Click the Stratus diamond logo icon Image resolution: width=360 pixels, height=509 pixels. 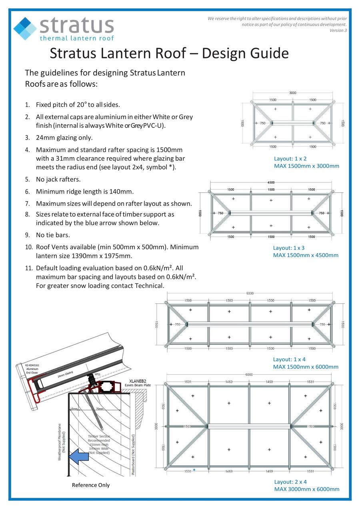pyautogui.click(x=25, y=28)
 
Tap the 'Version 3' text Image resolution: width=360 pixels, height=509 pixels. pyautogui.click(x=338, y=30)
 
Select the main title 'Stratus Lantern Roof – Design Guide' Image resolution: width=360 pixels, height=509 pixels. pyautogui.click(x=169, y=53)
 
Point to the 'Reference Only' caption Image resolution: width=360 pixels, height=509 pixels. pyautogui.click(x=90, y=485)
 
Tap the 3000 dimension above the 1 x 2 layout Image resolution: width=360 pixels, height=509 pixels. pyautogui.click(x=293, y=93)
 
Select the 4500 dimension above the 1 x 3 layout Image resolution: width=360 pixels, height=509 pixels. pyautogui.click(x=271, y=182)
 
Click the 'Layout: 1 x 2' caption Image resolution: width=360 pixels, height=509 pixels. pyautogui.click(x=290, y=159)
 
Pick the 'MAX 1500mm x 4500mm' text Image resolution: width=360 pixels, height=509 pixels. pyautogui.click(x=306, y=255)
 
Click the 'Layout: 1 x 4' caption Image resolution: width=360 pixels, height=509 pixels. pyautogui.click(x=289, y=359)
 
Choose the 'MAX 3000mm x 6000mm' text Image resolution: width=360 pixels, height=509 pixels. pyautogui.click(x=306, y=489)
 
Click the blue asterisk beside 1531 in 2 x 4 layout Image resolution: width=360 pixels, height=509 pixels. pyautogui.click(x=194, y=470)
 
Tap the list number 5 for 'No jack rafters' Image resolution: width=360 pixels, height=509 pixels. pyautogui.click(x=28, y=180)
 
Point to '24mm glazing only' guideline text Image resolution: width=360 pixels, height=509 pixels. pyautogui.click(x=64, y=138)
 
